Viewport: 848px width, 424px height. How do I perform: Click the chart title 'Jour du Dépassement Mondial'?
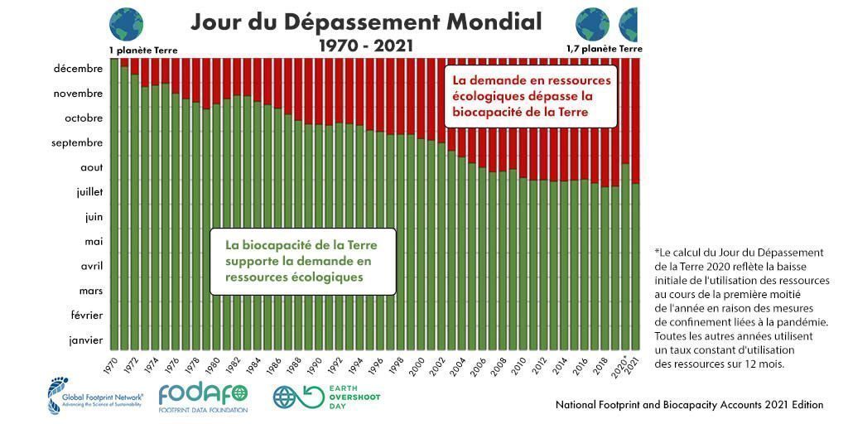[x=366, y=22]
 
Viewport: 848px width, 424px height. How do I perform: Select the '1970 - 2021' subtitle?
[x=366, y=46]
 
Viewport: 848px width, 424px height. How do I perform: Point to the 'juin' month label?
[x=90, y=217]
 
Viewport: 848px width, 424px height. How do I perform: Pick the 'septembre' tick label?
[x=77, y=142]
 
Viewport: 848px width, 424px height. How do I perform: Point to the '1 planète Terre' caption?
[x=142, y=51]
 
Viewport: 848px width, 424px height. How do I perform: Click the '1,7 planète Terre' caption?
[x=604, y=49]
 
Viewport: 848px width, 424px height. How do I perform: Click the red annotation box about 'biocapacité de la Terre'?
[x=531, y=96]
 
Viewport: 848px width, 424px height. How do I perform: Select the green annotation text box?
[x=302, y=261]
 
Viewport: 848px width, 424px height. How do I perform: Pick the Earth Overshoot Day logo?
[x=327, y=396]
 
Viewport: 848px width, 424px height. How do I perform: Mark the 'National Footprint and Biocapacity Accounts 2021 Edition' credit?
[x=689, y=405]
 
